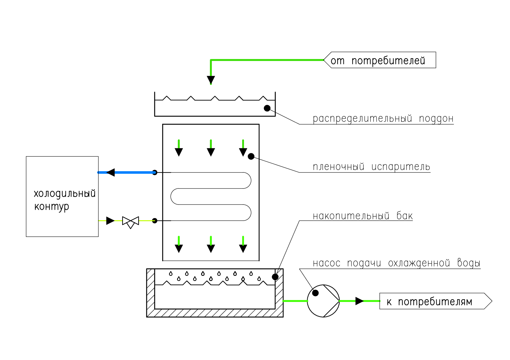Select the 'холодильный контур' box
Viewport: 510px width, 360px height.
pos(62,197)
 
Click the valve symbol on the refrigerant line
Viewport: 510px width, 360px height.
pos(131,221)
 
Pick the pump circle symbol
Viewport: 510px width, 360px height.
pos(323,301)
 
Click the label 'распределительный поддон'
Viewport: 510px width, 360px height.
pos(383,119)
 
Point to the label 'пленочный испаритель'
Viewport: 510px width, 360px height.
pos(371,167)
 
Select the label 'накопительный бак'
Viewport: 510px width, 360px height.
pos(363,216)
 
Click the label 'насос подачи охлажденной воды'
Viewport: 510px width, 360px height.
pos(396,263)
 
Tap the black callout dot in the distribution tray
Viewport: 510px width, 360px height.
pos(267,108)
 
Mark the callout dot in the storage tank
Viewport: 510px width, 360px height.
pos(275,277)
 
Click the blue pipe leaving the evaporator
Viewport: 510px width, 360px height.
pos(133,172)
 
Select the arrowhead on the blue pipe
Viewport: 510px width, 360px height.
pos(110,172)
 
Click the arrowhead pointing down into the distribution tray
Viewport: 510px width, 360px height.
pos(211,80)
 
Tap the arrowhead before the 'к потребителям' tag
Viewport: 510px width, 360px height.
pos(359,301)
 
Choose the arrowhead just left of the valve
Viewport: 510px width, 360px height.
pos(110,221)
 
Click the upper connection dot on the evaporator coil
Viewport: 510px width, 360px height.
pos(155,172)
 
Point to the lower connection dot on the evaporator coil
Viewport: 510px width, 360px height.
pos(155,221)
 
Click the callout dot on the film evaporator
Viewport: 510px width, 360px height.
pos(251,156)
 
